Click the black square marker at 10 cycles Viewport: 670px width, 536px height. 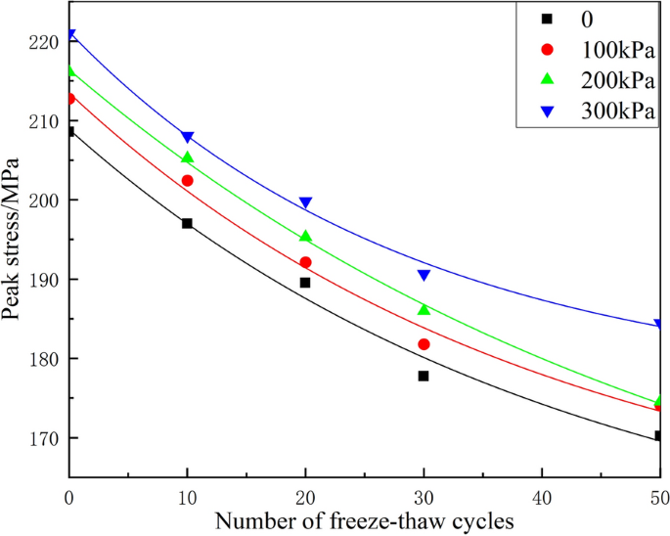click(187, 223)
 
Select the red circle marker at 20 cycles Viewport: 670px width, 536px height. click(305, 262)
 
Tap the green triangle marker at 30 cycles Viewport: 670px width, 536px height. click(424, 309)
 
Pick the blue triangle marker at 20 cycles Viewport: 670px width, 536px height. click(305, 203)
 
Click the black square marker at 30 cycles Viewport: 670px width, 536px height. click(424, 376)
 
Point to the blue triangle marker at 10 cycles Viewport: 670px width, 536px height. click(187, 138)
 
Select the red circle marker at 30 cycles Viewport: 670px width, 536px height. click(424, 344)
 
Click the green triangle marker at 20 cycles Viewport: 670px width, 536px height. click(305, 236)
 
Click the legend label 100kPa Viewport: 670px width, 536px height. click(616, 50)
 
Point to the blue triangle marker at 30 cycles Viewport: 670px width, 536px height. click(424, 276)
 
